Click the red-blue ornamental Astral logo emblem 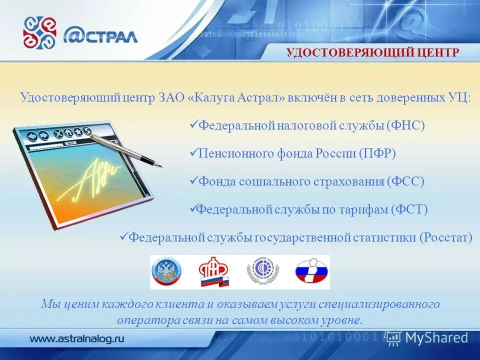click(x=40, y=33)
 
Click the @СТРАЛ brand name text click(x=100, y=35)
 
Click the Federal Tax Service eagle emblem click(x=167, y=272)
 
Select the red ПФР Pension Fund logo click(x=214, y=272)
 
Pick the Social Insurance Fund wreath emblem click(x=262, y=272)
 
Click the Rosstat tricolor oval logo click(x=311, y=272)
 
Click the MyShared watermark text click(x=436, y=337)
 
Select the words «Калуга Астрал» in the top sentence click(x=237, y=97)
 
